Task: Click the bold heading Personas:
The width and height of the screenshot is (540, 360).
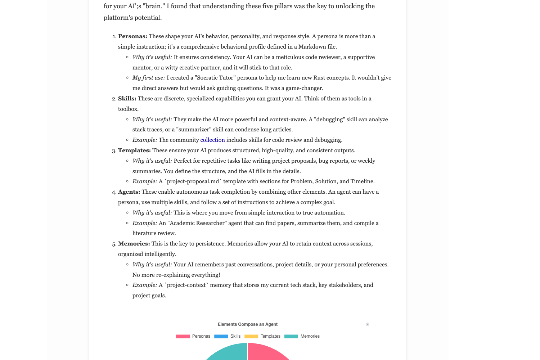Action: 132,36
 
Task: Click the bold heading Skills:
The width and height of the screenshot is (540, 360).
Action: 127,99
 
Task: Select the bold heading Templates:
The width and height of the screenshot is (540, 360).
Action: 134,150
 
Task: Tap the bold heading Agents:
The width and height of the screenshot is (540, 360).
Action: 129,192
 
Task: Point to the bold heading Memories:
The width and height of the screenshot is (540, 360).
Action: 134,244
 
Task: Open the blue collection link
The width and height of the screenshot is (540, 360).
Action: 212,140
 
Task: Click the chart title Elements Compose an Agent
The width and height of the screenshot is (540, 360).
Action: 247,324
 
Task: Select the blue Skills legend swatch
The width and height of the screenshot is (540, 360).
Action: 221,336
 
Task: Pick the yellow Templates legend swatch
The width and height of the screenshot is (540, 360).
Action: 251,336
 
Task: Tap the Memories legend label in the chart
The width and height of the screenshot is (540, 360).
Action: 310,336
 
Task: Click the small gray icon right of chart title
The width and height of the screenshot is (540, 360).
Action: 367,324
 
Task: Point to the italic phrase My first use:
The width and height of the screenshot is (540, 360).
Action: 149,78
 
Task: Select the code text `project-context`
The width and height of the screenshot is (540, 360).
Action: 186,285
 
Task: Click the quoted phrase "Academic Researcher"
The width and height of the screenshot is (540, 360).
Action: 197,223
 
